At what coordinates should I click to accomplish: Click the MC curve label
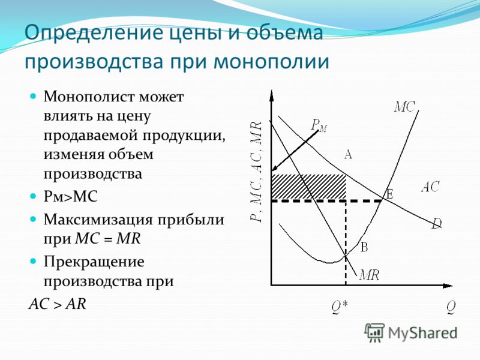pos(404,107)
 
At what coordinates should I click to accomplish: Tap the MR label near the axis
pos(370,275)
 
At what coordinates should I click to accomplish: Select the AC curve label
pos(430,187)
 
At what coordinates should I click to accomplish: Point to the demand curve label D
pos(437,223)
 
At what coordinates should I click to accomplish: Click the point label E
pos(389,194)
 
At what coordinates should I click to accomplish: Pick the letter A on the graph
pos(348,154)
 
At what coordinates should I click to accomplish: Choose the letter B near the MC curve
pos(364,247)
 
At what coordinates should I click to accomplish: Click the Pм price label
pos(319,125)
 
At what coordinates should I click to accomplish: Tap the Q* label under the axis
pos(340,307)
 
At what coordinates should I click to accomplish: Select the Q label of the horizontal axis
pos(451,307)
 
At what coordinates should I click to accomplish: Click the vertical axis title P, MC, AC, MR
pos(256,171)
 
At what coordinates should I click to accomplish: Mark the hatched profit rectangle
pos(308,187)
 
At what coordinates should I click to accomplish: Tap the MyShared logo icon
pos(374,332)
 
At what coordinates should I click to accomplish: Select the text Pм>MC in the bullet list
pos(70,196)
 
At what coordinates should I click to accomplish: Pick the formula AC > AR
pos(57,304)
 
